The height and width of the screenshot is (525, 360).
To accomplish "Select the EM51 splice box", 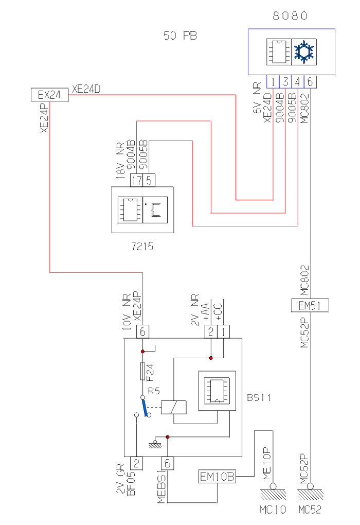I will (310, 305).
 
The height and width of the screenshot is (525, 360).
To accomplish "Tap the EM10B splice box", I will (217, 477).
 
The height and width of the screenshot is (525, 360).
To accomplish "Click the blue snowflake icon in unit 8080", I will (304, 52).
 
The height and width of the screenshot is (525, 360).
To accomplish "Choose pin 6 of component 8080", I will (310, 81).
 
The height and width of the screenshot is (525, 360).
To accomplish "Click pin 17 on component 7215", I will (136, 180).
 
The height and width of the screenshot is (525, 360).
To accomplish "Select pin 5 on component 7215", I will (149, 180).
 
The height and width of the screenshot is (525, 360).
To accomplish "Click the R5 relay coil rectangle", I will (174, 407).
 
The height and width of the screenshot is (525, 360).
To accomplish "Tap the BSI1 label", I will (259, 397).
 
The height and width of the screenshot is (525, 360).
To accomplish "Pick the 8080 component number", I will (291, 16).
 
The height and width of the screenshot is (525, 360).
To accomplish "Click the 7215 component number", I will (142, 247).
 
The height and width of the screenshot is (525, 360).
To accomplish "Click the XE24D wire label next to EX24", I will (86, 89).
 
